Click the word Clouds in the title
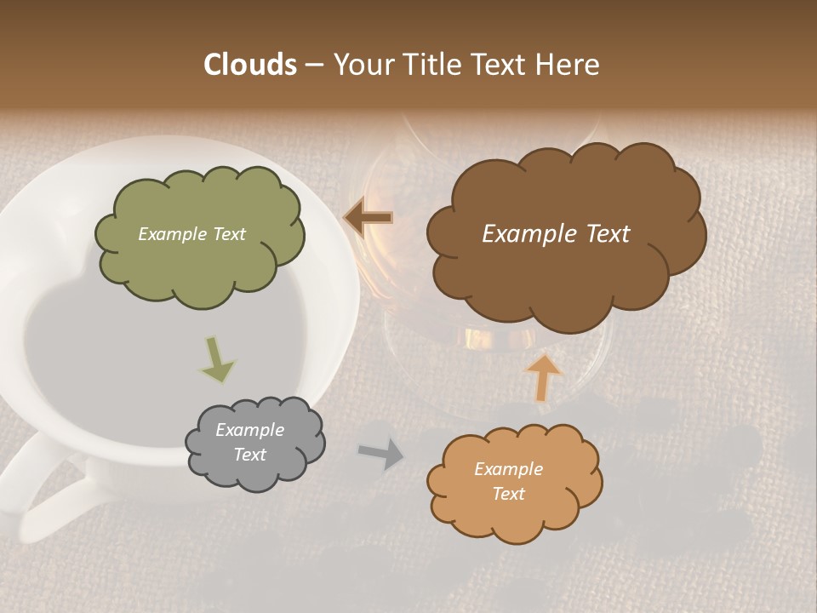pyautogui.click(x=249, y=65)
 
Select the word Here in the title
pyautogui.click(x=567, y=65)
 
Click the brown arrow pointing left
pyautogui.click(x=368, y=219)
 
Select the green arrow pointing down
pyautogui.click(x=217, y=359)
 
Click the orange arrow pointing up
pyautogui.click(x=542, y=377)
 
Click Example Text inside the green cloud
pyautogui.click(x=191, y=234)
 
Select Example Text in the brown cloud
pyautogui.click(x=556, y=234)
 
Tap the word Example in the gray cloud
pyautogui.click(x=249, y=430)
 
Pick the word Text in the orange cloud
pyautogui.click(x=508, y=494)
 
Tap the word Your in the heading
pyautogui.click(x=360, y=65)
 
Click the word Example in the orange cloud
pyautogui.click(x=508, y=469)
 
